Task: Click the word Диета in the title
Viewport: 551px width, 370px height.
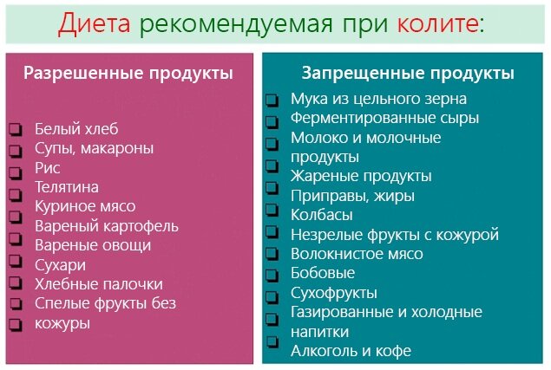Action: (x=92, y=24)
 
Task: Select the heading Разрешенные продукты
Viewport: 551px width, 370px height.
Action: (x=128, y=73)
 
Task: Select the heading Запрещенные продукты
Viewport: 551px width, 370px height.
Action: (x=407, y=73)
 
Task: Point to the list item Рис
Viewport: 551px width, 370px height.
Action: (x=47, y=167)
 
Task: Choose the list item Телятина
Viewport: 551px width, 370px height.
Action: (x=67, y=187)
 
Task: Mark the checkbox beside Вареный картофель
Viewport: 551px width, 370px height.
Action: (x=15, y=227)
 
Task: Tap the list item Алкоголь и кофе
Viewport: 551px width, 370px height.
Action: (x=351, y=351)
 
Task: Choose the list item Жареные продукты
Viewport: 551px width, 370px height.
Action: (x=361, y=177)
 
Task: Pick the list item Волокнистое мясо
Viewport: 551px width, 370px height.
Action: (x=357, y=254)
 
